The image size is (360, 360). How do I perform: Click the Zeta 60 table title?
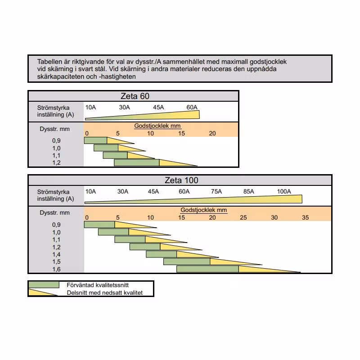(135, 96)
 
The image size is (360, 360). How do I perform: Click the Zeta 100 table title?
(181, 180)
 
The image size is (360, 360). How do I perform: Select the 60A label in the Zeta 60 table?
(192, 107)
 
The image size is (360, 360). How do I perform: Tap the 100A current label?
(284, 191)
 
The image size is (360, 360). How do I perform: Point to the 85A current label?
(249, 191)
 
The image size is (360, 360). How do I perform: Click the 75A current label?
(216, 191)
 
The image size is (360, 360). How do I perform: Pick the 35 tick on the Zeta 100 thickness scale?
(306, 217)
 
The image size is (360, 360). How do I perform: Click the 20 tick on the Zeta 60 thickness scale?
(212, 133)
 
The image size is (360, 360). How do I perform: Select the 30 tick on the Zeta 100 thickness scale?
(274, 217)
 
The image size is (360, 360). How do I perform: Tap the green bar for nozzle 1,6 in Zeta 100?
(207, 269)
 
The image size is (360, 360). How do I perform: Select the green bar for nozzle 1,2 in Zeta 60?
(137, 162)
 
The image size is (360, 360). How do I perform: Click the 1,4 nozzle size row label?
(56, 254)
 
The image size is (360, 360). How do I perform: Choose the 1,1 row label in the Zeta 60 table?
(56, 155)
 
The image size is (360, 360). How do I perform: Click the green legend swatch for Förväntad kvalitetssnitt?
(44, 285)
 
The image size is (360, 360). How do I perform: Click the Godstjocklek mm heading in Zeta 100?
(204, 210)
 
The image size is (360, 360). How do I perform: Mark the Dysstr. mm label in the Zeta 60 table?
(54, 129)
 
